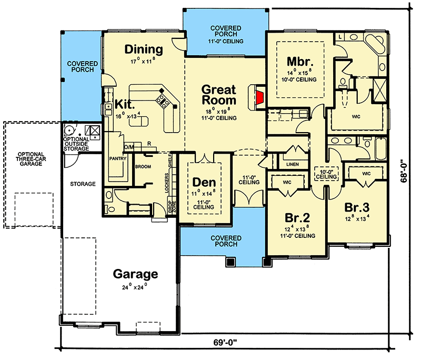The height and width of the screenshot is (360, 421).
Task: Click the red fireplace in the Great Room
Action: coord(260,98)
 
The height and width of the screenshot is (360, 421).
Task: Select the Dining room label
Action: coord(144,49)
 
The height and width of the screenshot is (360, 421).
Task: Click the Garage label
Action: coord(135,274)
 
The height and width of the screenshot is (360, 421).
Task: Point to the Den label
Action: coord(204,183)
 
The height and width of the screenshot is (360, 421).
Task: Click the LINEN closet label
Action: coord(293,164)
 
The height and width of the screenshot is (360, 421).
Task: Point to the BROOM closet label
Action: coord(143,167)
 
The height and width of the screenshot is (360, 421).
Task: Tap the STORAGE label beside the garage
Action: coord(83,184)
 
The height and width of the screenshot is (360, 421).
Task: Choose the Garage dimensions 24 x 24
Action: coord(135,287)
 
